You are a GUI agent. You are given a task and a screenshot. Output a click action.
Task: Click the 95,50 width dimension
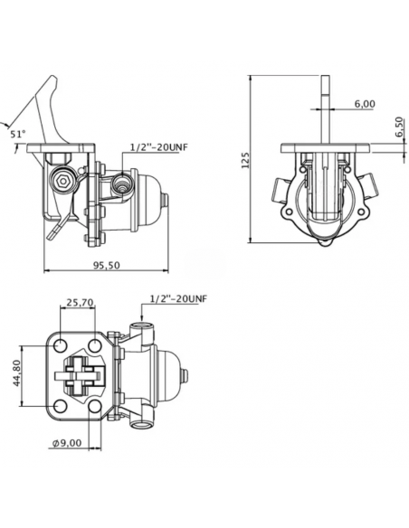coord(106,265)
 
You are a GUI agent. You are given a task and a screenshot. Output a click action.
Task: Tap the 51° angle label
coord(17,134)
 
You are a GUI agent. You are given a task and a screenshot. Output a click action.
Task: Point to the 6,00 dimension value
coord(365,104)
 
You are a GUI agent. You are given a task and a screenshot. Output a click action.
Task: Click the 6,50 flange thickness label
coord(399,127)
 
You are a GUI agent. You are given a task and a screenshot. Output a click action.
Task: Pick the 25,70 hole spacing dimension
coord(80,302)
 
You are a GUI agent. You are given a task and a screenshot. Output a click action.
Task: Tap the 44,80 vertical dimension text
coord(17,372)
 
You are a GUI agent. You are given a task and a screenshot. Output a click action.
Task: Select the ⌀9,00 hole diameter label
coord(67,443)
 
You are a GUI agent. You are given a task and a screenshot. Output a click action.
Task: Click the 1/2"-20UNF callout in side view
coord(158,147)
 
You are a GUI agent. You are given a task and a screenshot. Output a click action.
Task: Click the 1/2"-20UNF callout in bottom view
coord(178,298)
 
